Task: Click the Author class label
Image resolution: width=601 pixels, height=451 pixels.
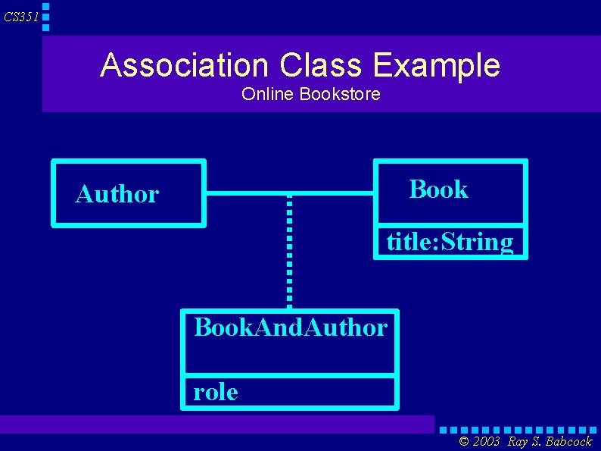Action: click(117, 195)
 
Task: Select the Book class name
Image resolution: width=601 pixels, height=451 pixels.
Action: click(438, 189)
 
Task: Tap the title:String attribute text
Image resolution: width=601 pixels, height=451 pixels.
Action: click(450, 243)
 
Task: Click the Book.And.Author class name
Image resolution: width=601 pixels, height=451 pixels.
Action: click(291, 327)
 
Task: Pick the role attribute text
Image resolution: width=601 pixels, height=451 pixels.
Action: click(216, 392)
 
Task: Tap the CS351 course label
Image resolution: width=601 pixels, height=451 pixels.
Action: click(20, 17)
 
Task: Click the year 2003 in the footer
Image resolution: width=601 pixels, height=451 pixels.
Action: click(485, 442)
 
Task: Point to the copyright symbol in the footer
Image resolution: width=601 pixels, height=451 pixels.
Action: click(464, 442)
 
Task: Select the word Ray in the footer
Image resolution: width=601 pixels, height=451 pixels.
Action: click(518, 442)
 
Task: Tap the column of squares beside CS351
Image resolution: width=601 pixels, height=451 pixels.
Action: click(45, 16)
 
